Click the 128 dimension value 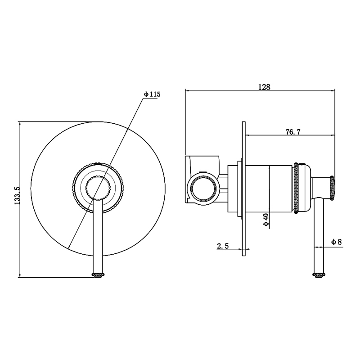(x=264, y=87)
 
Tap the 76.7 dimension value (x=293, y=132)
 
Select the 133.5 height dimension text (x=18, y=195)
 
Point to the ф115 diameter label (x=152, y=94)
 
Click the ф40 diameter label (x=266, y=220)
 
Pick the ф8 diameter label (x=337, y=242)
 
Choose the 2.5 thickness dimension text (x=223, y=246)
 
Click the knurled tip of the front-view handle (x=98, y=275)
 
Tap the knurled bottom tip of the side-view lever (x=319, y=275)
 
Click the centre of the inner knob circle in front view (x=98, y=187)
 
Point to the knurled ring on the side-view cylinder (x=295, y=188)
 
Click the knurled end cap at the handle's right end (x=332, y=188)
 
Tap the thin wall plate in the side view (x=243, y=189)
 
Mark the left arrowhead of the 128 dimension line (x=187, y=91)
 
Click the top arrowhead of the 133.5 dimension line (x=20, y=124)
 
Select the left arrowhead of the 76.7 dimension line (x=248, y=135)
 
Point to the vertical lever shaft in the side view (x=319, y=235)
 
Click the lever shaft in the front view (x=98, y=237)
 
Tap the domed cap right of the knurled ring (x=305, y=188)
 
